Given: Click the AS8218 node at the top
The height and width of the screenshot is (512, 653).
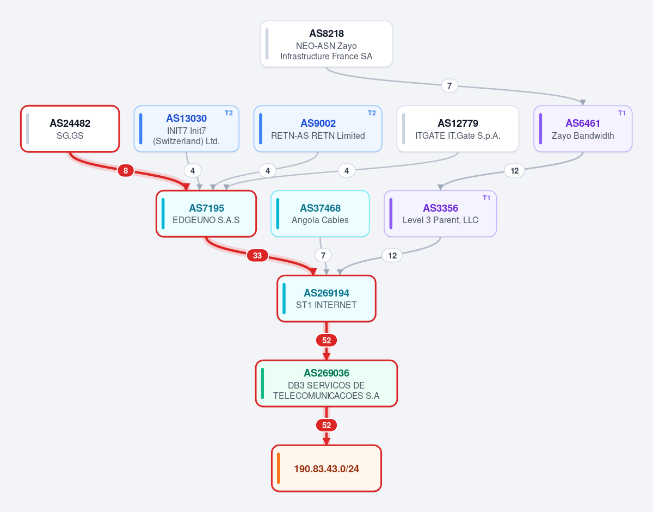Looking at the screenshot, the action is point(326,44).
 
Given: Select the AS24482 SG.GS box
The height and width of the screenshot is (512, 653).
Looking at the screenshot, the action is point(70,129).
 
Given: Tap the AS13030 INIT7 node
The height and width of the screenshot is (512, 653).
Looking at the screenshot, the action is point(186,129).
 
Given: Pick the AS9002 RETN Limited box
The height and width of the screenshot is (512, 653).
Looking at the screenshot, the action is point(318,129).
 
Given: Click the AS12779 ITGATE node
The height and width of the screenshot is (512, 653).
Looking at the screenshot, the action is point(458,129).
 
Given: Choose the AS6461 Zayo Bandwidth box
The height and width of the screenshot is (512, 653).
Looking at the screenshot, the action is point(583,129).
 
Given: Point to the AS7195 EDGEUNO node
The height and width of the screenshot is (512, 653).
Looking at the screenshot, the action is point(206,214).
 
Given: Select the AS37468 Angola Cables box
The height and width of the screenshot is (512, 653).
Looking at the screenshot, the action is point(320,214).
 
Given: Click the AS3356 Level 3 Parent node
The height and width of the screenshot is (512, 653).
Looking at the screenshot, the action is point(440,214).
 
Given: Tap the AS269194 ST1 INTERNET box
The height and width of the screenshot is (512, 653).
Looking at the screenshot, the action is point(326,299).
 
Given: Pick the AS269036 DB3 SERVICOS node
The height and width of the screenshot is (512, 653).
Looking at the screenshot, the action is point(326,384).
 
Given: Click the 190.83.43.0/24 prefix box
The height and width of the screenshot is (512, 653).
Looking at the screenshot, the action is point(326,468).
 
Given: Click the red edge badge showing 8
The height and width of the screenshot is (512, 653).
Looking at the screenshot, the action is point(126,171).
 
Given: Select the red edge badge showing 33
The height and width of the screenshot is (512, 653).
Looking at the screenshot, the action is point(257,255).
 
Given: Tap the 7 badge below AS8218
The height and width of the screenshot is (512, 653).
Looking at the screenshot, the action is point(449,86).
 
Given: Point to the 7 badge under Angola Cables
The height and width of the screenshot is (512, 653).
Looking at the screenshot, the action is point(323,255).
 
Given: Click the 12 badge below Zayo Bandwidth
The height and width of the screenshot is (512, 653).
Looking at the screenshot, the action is point(514,171).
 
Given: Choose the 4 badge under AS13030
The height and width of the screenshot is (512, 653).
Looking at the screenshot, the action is point(193,171).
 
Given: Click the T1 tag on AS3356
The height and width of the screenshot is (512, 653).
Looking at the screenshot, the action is point(486,198).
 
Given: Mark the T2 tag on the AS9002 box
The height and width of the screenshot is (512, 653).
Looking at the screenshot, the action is point(372,113).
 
